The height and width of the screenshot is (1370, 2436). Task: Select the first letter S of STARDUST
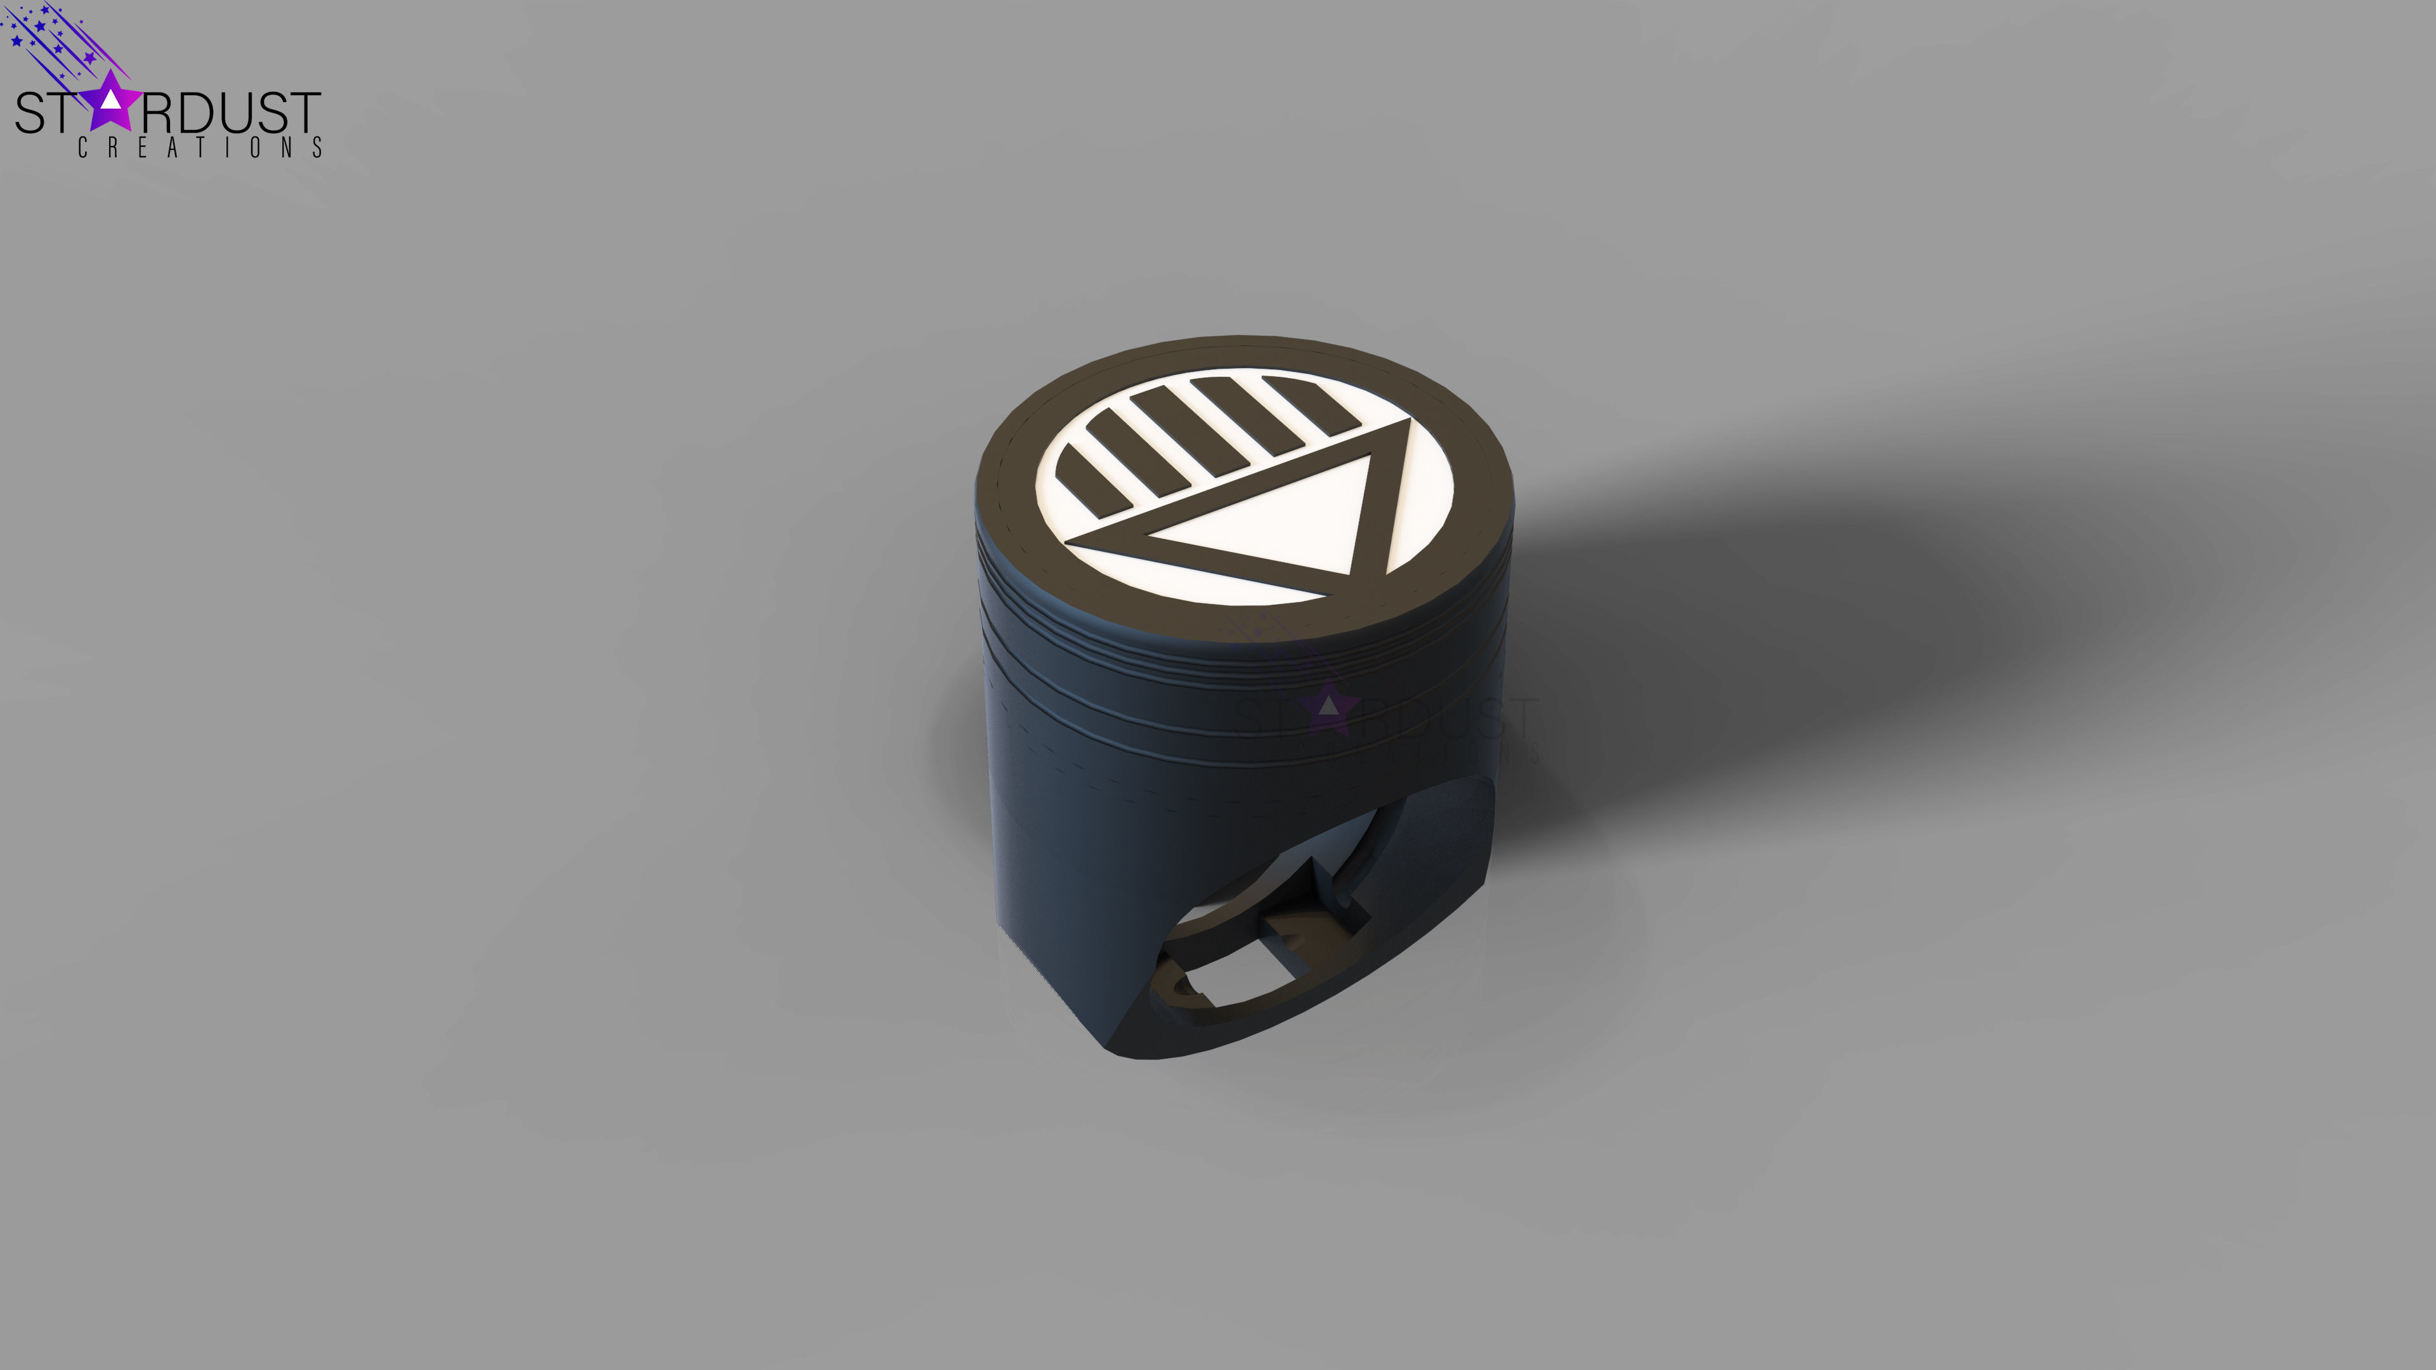point(30,114)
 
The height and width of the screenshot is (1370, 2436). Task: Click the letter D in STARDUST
point(197,114)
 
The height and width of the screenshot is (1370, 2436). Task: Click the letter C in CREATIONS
point(83,148)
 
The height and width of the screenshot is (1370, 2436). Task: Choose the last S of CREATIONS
point(318,148)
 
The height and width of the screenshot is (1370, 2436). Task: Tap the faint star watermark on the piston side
point(1328,708)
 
